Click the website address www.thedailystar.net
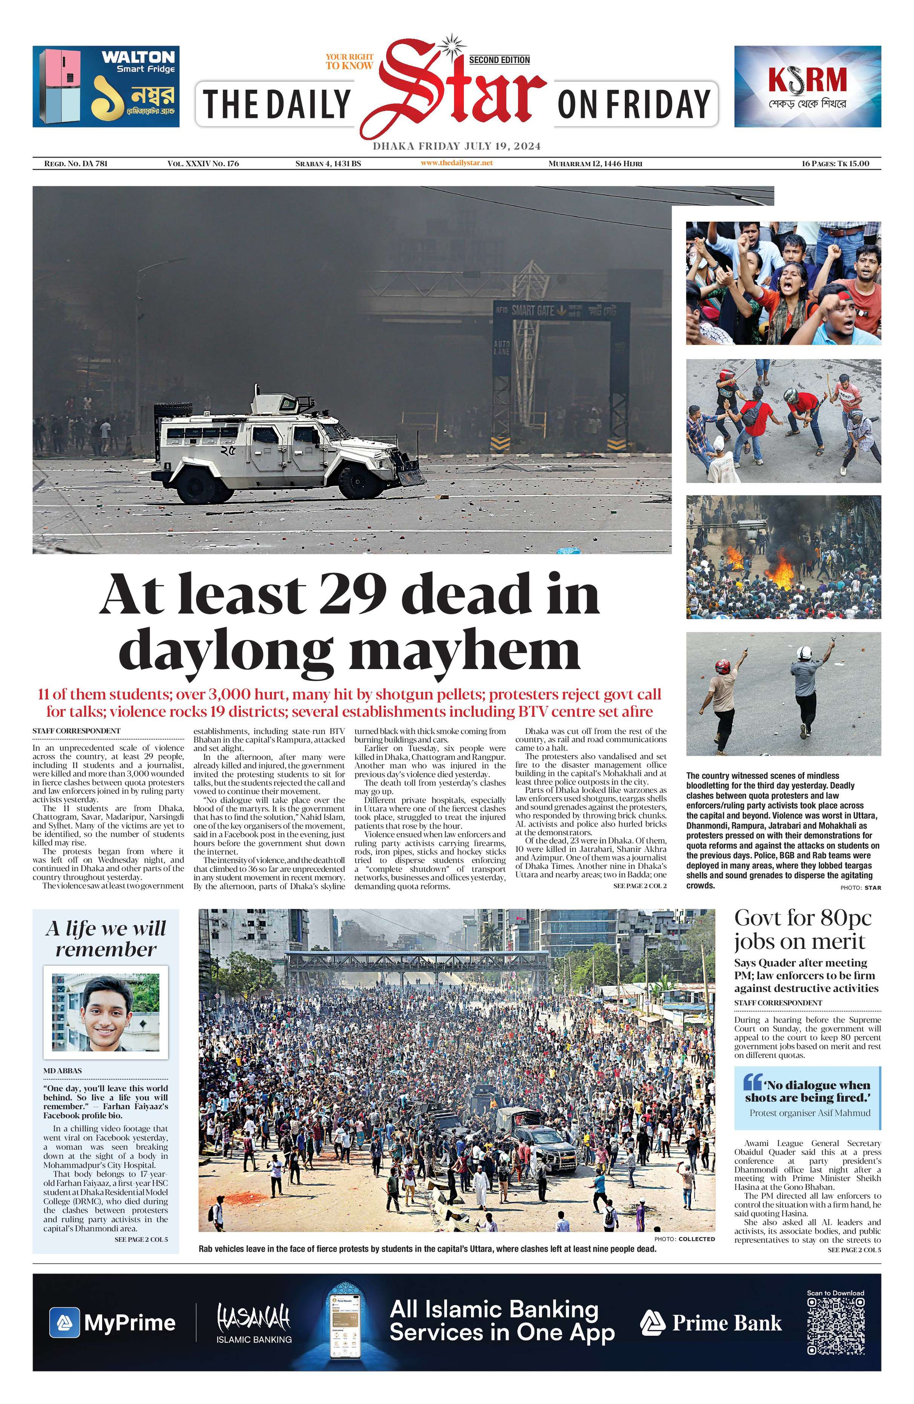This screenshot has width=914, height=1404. tap(456, 163)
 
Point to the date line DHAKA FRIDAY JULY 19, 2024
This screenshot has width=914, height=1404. tap(456, 146)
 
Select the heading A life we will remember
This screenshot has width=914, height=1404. tap(106, 939)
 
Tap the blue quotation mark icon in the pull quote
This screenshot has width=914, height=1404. tap(752, 1082)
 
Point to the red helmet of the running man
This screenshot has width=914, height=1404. tap(722, 667)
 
